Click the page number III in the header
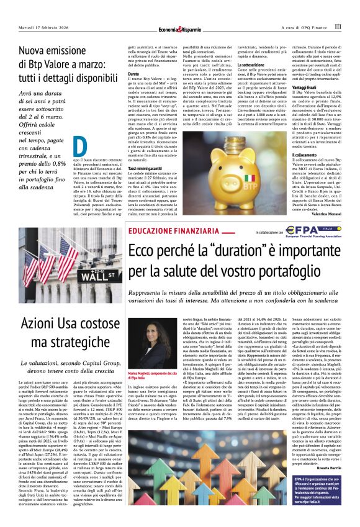pos(338,27)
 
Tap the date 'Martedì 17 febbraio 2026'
pos(43,27)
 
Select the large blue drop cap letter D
pos(79,146)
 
